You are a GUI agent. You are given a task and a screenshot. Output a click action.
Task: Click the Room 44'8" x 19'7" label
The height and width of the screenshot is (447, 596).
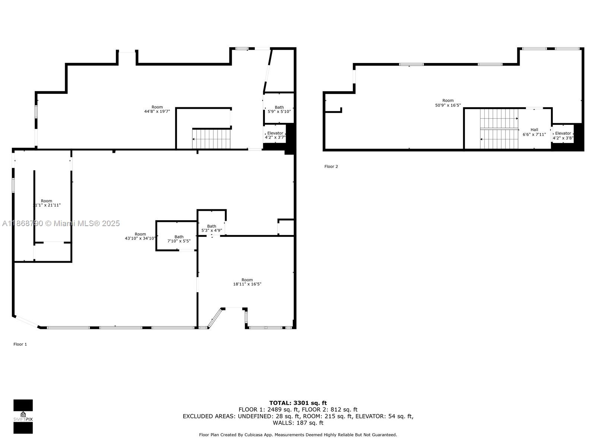coord(157,109)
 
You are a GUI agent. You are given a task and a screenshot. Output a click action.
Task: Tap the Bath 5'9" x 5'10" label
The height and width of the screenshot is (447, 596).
coord(279,109)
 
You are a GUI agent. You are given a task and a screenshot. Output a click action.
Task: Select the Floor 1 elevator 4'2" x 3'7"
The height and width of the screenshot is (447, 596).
coord(275,135)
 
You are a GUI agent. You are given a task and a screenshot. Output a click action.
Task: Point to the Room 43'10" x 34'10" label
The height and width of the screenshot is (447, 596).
coord(140,236)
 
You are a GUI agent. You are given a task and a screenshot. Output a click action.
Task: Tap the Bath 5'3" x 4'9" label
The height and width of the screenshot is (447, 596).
coord(212,228)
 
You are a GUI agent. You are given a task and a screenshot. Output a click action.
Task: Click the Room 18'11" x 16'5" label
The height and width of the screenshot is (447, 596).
coord(247,282)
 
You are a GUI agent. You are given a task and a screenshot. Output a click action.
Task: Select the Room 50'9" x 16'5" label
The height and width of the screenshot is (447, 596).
coord(448,103)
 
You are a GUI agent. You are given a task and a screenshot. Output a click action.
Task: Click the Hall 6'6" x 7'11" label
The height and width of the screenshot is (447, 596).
coord(534,132)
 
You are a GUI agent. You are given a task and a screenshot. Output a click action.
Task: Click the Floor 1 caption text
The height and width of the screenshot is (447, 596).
coord(20,344)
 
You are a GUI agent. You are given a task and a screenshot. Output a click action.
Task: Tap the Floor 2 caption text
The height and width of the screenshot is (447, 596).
coord(331,167)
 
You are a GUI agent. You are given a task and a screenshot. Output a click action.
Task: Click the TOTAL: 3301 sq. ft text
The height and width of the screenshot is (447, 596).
coord(298,403)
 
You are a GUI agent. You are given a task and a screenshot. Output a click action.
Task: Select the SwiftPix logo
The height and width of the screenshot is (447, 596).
coord(23,416)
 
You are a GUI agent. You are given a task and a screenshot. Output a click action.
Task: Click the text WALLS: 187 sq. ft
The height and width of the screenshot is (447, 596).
coord(298,423)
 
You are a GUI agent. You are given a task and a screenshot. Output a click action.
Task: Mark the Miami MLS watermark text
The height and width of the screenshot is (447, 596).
coord(61,223)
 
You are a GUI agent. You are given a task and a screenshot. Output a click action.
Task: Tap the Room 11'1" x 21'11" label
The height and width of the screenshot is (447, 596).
coord(47,203)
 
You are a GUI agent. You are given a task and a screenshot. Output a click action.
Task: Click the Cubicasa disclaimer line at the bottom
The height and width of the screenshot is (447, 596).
coord(298,435)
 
